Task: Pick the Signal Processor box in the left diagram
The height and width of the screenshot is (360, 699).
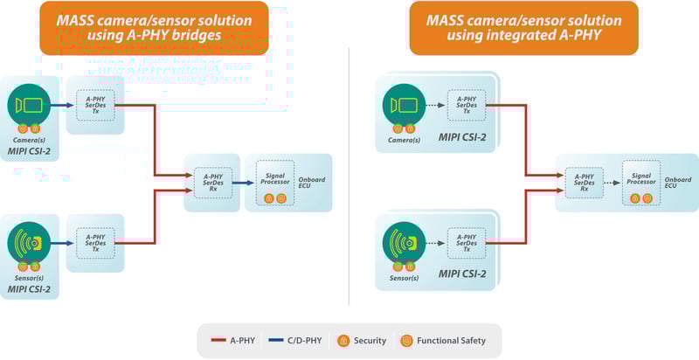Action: (275, 182)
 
